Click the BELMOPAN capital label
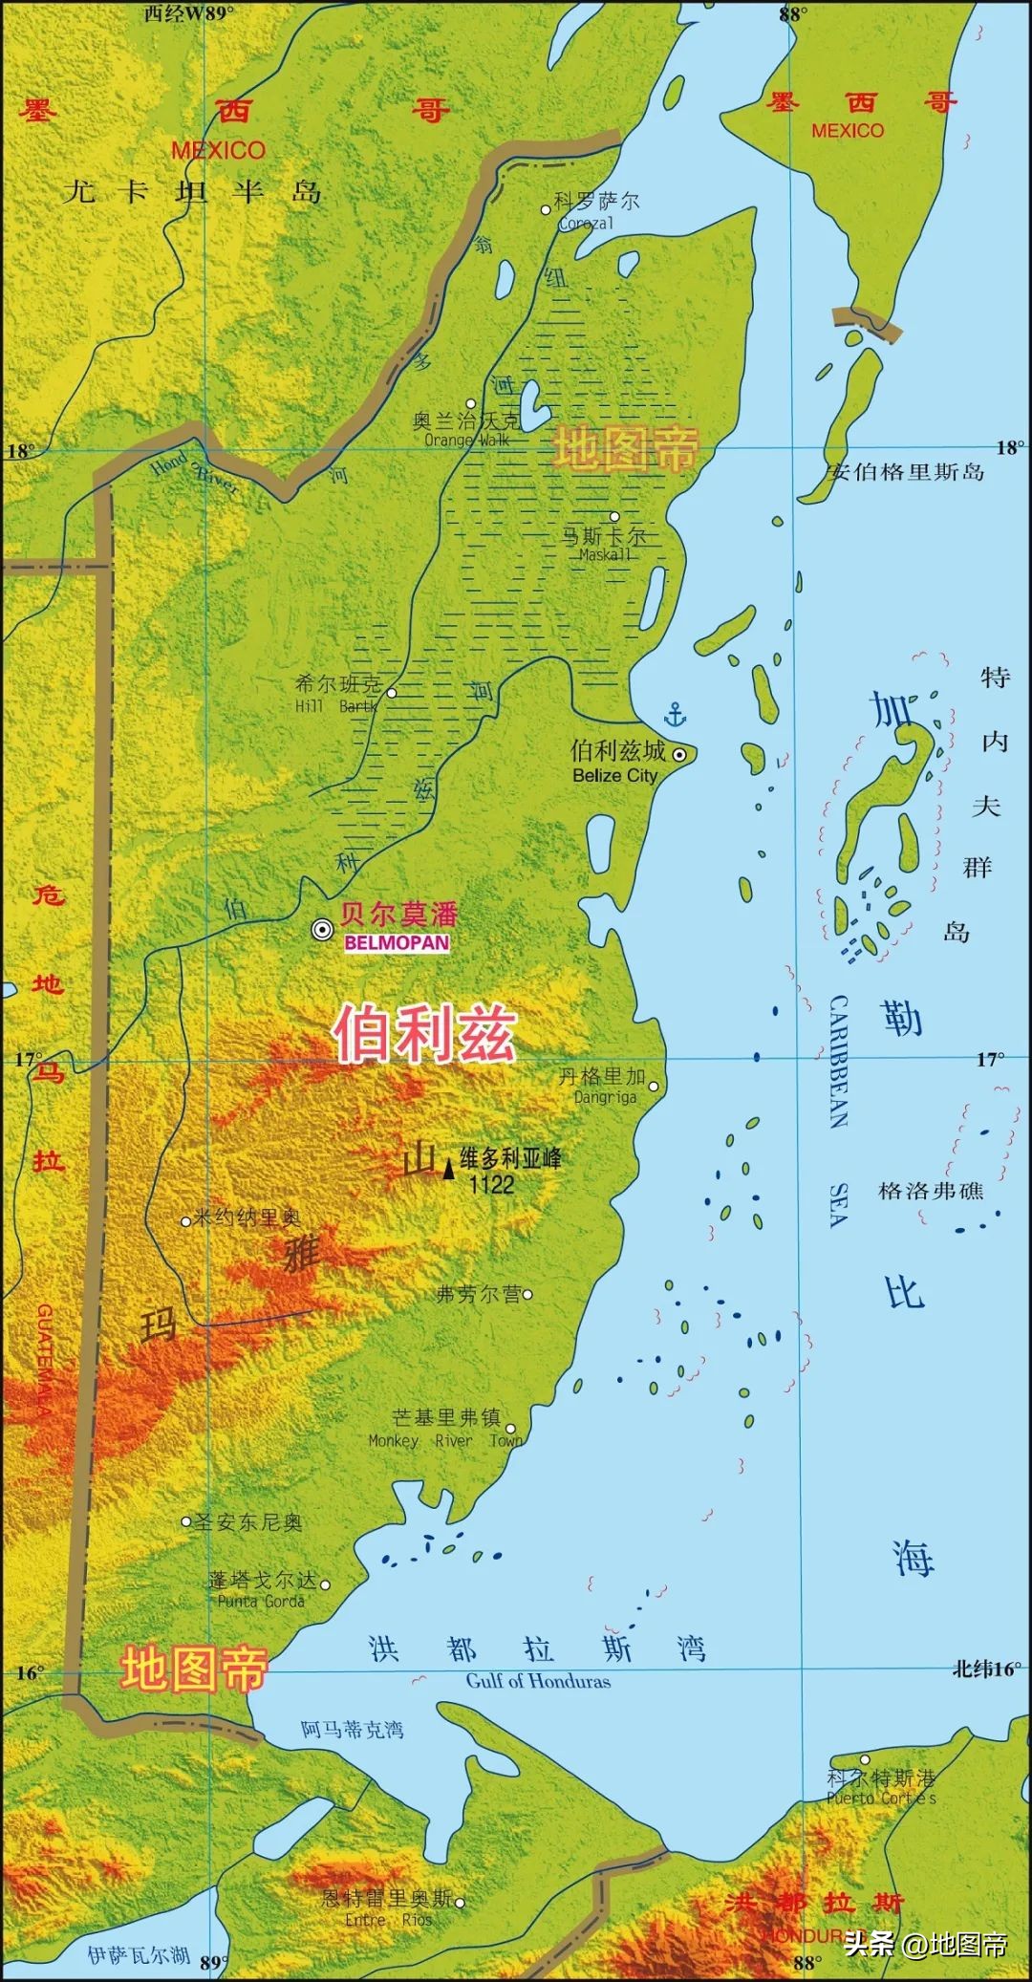(x=397, y=942)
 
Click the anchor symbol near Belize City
(x=676, y=713)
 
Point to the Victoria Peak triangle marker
(x=448, y=1168)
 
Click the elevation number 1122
(x=491, y=1185)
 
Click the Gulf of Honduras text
(x=538, y=1681)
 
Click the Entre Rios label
(x=389, y=1919)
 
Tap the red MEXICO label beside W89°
(x=218, y=150)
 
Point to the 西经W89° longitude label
(x=189, y=12)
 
